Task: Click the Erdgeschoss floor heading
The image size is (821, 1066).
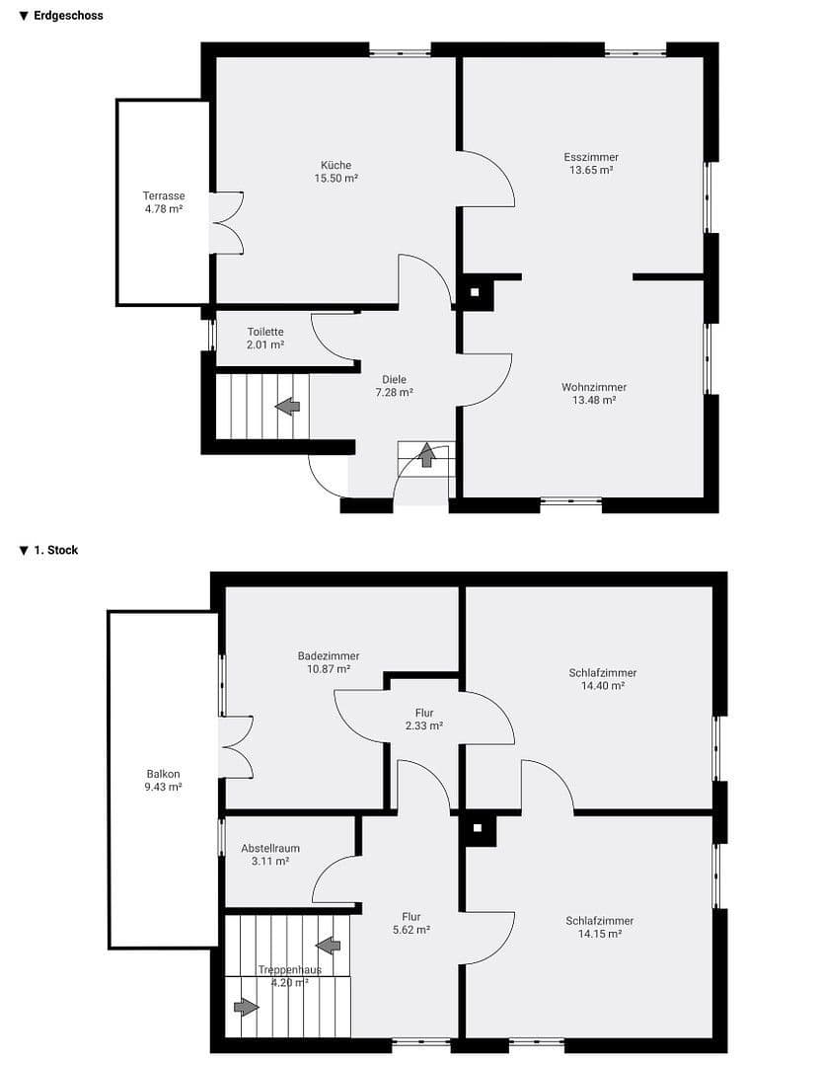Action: (x=67, y=16)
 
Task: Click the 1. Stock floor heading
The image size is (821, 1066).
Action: (x=54, y=550)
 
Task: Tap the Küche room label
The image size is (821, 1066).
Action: (x=336, y=165)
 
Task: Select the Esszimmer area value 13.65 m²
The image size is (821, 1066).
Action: (x=591, y=171)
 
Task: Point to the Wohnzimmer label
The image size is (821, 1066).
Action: (x=594, y=387)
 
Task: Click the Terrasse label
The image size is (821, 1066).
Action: (x=164, y=195)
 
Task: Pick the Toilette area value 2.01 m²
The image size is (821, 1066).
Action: (x=265, y=345)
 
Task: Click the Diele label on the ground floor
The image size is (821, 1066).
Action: (x=394, y=379)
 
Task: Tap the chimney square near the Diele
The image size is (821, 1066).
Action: (x=475, y=292)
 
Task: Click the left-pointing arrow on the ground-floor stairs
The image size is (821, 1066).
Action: (x=288, y=406)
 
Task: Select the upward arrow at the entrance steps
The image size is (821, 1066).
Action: (x=426, y=454)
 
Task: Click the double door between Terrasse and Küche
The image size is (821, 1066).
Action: (x=226, y=222)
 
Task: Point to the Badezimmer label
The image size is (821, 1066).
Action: (x=329, y=655)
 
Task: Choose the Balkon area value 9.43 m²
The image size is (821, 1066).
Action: (x=164, y=788)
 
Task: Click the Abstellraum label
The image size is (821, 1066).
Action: (x=270, y=848)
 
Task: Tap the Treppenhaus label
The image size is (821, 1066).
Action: (x=289, y=969)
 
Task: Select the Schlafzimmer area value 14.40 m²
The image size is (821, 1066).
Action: (x=602, y=686)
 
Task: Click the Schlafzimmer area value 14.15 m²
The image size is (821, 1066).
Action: (x=600, y=934)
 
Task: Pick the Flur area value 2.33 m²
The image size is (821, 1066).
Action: (x=424, y=725)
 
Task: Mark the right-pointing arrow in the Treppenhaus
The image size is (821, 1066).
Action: (x=246, y=1007)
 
